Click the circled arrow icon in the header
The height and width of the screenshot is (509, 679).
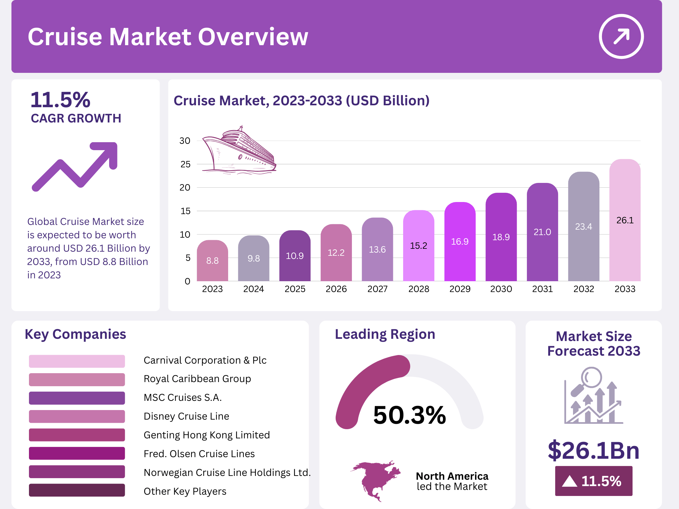[x=621, y=37]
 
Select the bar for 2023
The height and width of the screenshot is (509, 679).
[x=212, y=261]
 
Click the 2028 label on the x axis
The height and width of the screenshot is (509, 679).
[x=418, y=289]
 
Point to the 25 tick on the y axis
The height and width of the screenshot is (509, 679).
[x=185, y=164]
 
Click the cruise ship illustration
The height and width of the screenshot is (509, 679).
[x=239, y=151]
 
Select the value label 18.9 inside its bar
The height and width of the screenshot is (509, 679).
[x=501, y=237]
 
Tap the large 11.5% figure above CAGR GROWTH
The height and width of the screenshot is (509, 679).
[x=60, y=100]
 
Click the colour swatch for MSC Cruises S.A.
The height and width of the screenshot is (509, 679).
[x=77, y=398]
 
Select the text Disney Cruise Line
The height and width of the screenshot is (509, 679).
[x=186, y=416]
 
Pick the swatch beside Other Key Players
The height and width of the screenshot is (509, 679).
[x=77, y=490]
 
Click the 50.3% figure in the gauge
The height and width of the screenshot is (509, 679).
[x=409, y=415]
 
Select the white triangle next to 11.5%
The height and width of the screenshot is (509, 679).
[x=569, y=481]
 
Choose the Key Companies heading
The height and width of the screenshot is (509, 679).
[x=75, y=334]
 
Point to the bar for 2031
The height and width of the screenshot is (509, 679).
[x=542, y=232]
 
